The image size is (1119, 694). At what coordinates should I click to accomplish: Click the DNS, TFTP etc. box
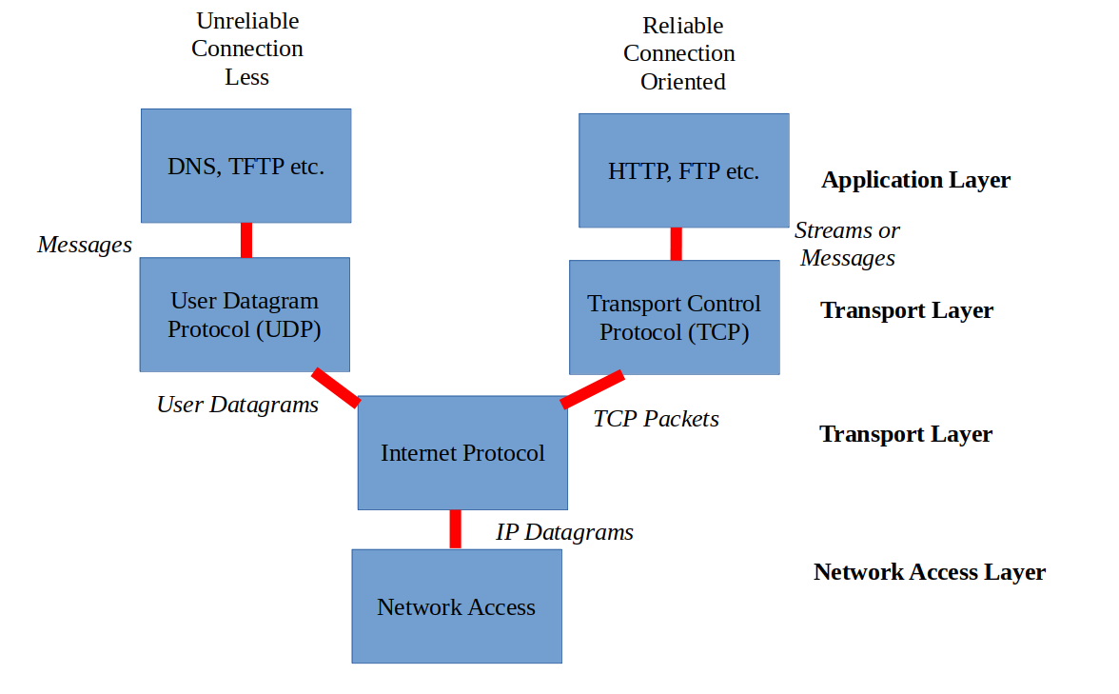tap(245, 166)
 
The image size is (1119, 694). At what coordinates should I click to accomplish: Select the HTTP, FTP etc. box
tap(683, 170)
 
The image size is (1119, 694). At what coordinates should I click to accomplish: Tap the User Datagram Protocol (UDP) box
tap(245, 314)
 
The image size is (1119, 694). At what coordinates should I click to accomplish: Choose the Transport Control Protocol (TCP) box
tap(674, 317)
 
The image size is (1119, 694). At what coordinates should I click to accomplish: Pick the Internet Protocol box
tap(462, 452)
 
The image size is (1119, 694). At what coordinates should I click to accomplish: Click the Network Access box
tap(456, 606)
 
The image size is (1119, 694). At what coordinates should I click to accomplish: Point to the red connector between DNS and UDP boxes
tap(246, 240)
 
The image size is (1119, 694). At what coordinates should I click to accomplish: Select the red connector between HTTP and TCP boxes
tap(676, 244)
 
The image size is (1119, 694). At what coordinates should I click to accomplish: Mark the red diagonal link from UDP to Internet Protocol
tap(336, 387)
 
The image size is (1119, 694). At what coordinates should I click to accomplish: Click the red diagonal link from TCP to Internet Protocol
tap(592, 389)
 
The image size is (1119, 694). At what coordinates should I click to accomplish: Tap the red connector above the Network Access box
tap(456, 529)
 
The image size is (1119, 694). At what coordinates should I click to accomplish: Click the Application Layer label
tap(915, 180)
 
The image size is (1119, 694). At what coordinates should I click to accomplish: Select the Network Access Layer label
tap(929, 572)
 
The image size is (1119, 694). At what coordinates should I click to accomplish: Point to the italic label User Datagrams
tap(238, 405)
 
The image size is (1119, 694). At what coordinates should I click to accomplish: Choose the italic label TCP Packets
tap(656, 419)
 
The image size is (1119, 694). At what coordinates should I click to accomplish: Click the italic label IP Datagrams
tap(564, 532)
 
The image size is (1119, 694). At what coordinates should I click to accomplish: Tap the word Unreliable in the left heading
tap(247, 21)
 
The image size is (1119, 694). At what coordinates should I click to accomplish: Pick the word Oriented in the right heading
tap(682, 82)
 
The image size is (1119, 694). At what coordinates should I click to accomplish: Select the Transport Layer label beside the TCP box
tap(906, 310)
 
